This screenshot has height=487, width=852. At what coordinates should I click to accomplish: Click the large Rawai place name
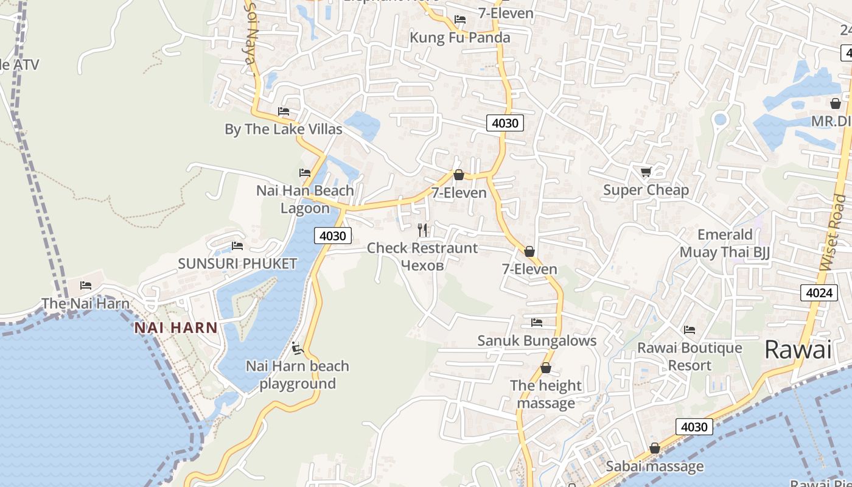[x=797, y=350]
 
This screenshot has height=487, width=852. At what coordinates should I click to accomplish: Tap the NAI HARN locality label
[x=176, y=328]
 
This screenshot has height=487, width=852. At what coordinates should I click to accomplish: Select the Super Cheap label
[x=646, y=190]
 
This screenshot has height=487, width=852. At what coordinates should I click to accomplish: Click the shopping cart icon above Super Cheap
[x=646, y=172]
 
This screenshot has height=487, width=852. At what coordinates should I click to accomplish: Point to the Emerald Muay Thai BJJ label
[x=725, y=243]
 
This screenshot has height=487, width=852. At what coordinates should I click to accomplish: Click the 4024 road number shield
[x=819, y=293]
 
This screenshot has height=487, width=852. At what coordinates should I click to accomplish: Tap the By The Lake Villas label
[x=284, y=129]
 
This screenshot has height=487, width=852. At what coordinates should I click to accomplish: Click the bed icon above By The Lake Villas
[x=284, y=111]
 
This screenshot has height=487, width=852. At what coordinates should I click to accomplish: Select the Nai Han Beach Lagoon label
[x=305, y=199]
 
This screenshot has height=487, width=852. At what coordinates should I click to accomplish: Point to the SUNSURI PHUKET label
[x=237, y=264]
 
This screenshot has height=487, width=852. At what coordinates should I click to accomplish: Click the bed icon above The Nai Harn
[x=86, y=285]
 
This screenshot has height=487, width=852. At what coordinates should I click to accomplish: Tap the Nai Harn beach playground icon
[x=298, y=348]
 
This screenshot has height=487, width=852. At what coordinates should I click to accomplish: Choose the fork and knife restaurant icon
[x=422, y=230]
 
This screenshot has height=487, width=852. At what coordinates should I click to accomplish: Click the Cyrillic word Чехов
[x=422, y=265]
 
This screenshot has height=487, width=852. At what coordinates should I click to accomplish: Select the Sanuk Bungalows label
[x=537, y=340]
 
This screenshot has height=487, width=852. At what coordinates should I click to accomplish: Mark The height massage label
[x=546, y=394]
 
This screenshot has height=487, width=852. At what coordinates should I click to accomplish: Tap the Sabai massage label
[x=655, y=466]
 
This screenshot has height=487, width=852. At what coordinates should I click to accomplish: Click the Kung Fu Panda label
[x=460, y=38]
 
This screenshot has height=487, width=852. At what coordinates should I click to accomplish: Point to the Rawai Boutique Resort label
[x=690, y=356]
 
